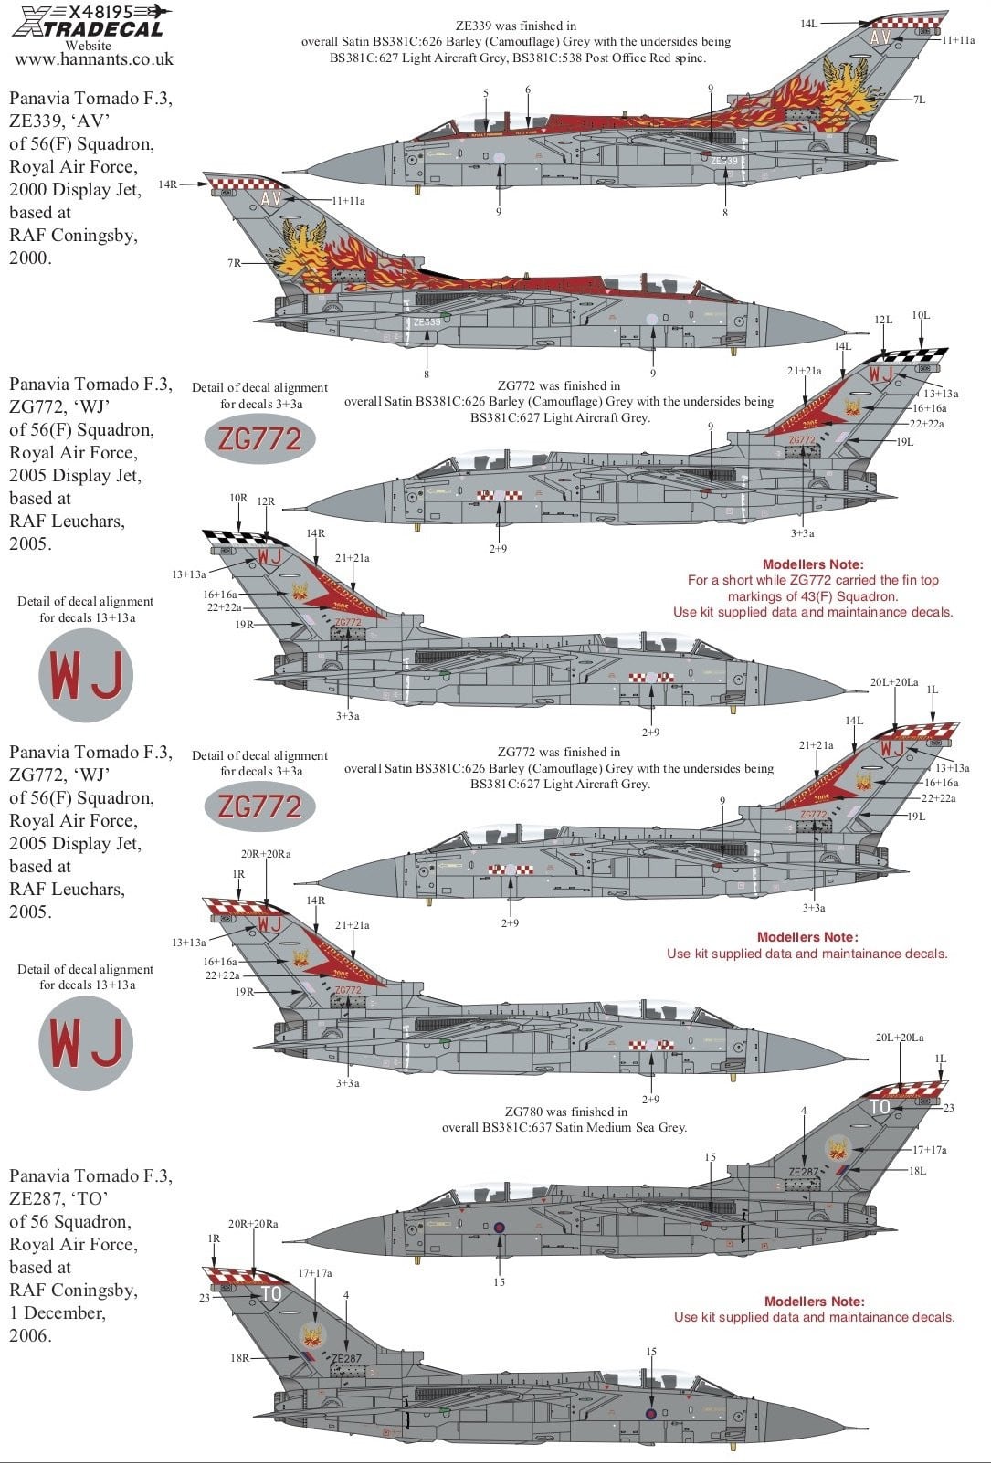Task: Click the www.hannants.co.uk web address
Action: coord(94,60)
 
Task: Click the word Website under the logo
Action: coord(89,45)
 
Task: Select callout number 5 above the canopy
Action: coord(486,93)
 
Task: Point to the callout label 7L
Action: coord(919,100)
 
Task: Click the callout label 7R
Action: coord(235,263)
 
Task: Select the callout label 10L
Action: coord(921,316)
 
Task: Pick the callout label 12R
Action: coord(266,501)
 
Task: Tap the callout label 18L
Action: coord(917,1171)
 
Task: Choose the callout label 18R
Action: coord(239,1358)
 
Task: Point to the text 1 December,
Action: coord(58,1312)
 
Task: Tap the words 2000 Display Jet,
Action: coord(75,190)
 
